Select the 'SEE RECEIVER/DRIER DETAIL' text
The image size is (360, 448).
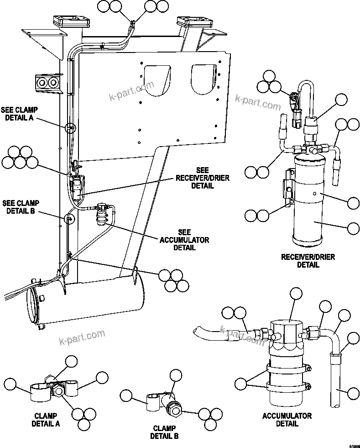196,178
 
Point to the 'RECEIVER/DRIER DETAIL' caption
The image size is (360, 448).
308,261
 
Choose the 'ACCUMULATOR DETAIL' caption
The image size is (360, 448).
287,420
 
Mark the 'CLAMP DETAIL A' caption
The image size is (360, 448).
45,420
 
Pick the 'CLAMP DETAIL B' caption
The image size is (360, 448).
164,432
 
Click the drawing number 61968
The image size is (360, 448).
354,444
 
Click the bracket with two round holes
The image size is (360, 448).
47,83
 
